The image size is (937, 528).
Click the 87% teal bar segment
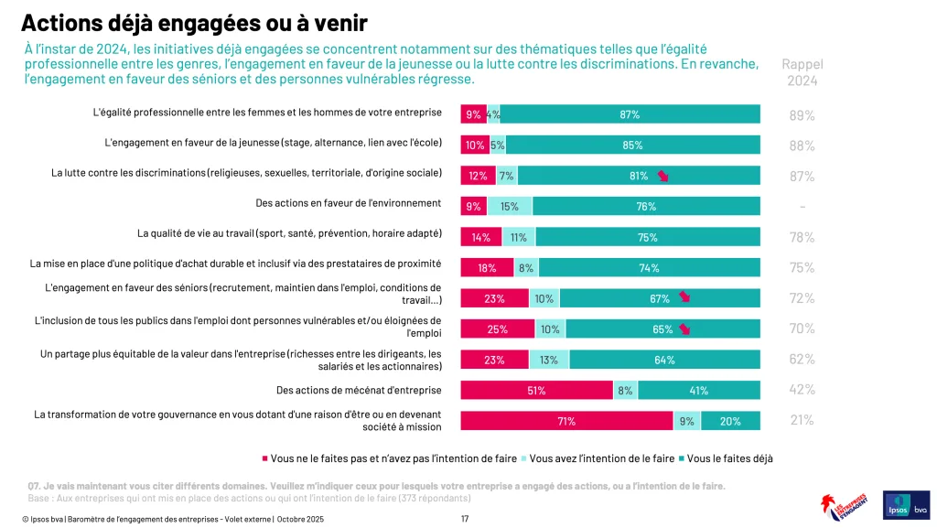630,114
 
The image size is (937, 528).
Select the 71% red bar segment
566,421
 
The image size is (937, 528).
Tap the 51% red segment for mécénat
536,391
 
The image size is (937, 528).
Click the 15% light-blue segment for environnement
510,206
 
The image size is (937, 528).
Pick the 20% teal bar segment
730,421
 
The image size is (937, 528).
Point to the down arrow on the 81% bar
663,177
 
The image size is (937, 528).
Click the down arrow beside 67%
684,298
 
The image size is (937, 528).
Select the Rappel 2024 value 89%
802,115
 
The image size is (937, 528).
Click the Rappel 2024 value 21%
802,421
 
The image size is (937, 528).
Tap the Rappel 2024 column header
802,72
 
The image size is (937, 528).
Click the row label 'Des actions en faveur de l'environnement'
349,203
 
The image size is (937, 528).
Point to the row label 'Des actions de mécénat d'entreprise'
359,391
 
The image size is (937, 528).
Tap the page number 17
465,519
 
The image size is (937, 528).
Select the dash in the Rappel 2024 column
802,207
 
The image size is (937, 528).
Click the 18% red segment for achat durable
487,268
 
